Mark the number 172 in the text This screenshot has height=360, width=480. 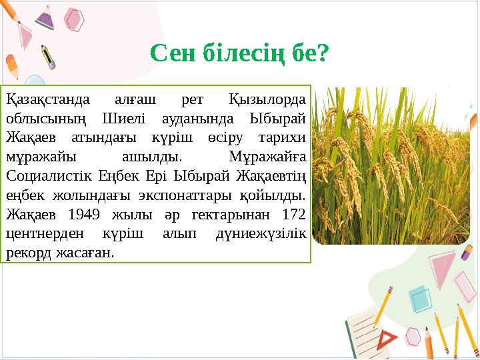pyautogui.click(x=293, y=215)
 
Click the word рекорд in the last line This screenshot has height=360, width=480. pyautogui.click(x=26, y=253)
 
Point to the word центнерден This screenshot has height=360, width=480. pyautogui.click(x=42, y=234)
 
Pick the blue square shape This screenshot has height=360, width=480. pyautogui.click(x=421, y=299)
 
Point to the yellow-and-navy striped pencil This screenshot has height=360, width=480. pyautogui.click(x=47, y=57)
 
